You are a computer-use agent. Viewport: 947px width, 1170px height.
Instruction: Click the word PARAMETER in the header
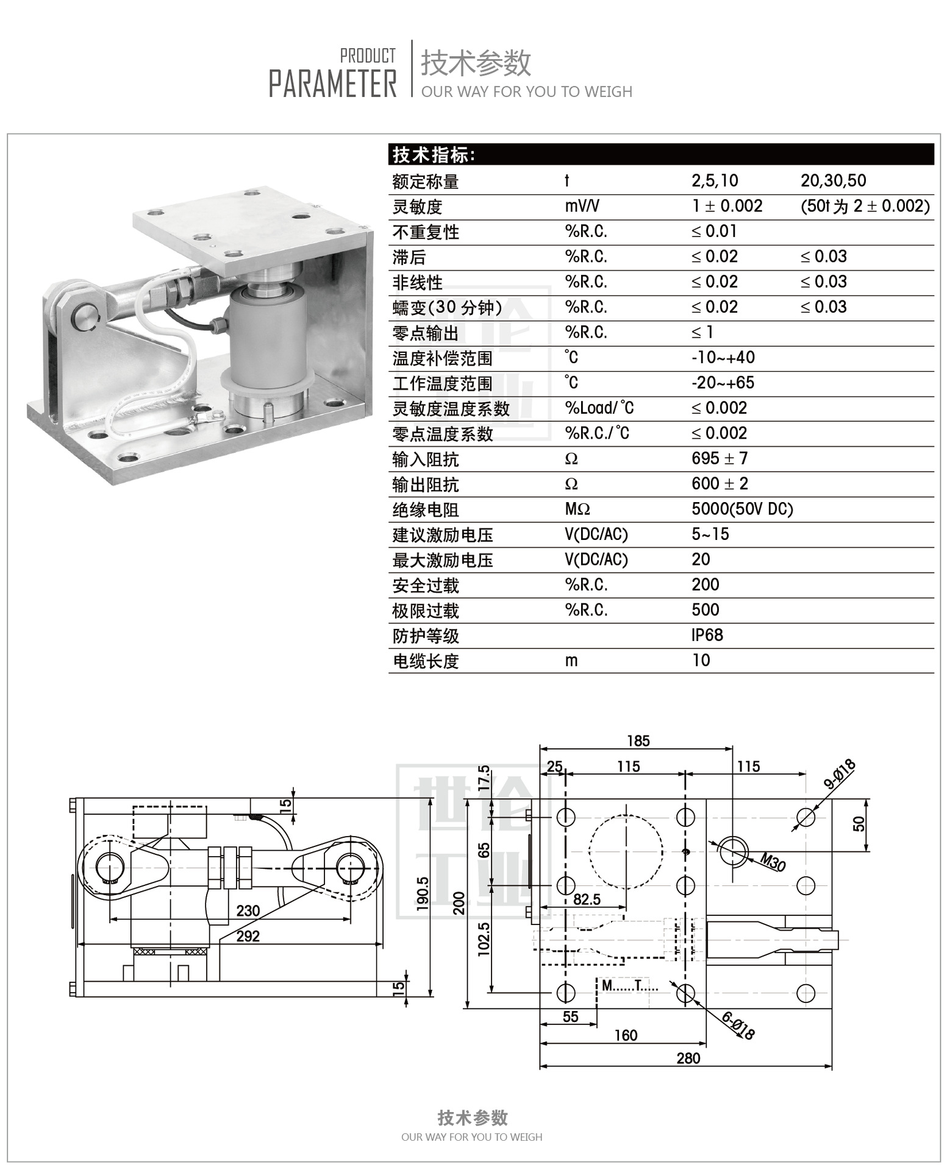click(333, 83)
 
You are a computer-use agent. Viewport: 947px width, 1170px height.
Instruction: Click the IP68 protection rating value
click(707, 635)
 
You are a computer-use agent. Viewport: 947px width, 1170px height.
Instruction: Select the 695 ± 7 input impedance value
click(720, 458)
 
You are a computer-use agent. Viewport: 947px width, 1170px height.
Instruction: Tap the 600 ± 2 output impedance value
click(720, 484)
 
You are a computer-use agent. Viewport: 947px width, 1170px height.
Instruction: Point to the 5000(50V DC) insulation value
click(742, 509)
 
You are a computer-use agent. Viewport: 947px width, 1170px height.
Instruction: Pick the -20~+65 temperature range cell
click(723, 383)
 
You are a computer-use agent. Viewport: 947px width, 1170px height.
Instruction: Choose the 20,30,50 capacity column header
click(833, 180)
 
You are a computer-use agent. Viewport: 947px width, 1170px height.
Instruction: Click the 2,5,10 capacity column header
click(715, 180)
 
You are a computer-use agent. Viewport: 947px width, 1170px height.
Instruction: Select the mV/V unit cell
click(582, 206)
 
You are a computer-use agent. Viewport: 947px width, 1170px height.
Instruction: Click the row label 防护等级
click(426, 636)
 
